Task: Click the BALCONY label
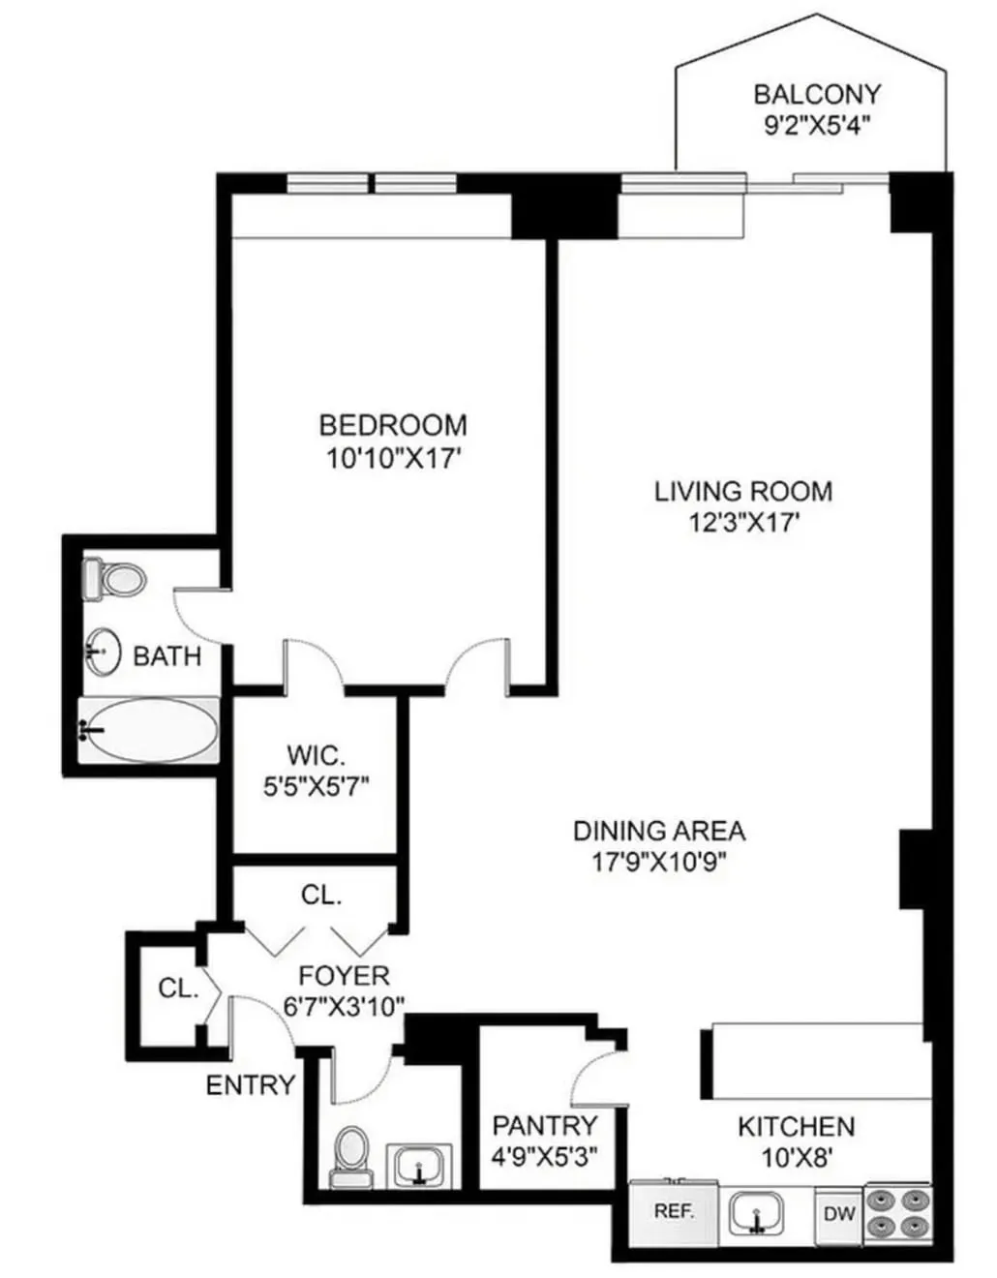coord(817,94)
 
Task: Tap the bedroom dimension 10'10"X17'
coord(392,458)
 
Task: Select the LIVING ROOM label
coord(742,491)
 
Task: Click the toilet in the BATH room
coord(116,579)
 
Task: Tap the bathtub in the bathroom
coord(150,731)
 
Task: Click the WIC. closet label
coord(316,754)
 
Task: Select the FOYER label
coord(344,975)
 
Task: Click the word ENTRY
coord(250,1085)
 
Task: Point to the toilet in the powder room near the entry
coord(351,1155)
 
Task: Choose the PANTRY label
coord(545,1125)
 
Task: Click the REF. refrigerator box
coord(674,1211)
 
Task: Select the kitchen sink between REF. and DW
coord(758,1212)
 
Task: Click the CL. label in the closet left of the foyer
coord(178,989)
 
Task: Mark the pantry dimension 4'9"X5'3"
coord(545,1155)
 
